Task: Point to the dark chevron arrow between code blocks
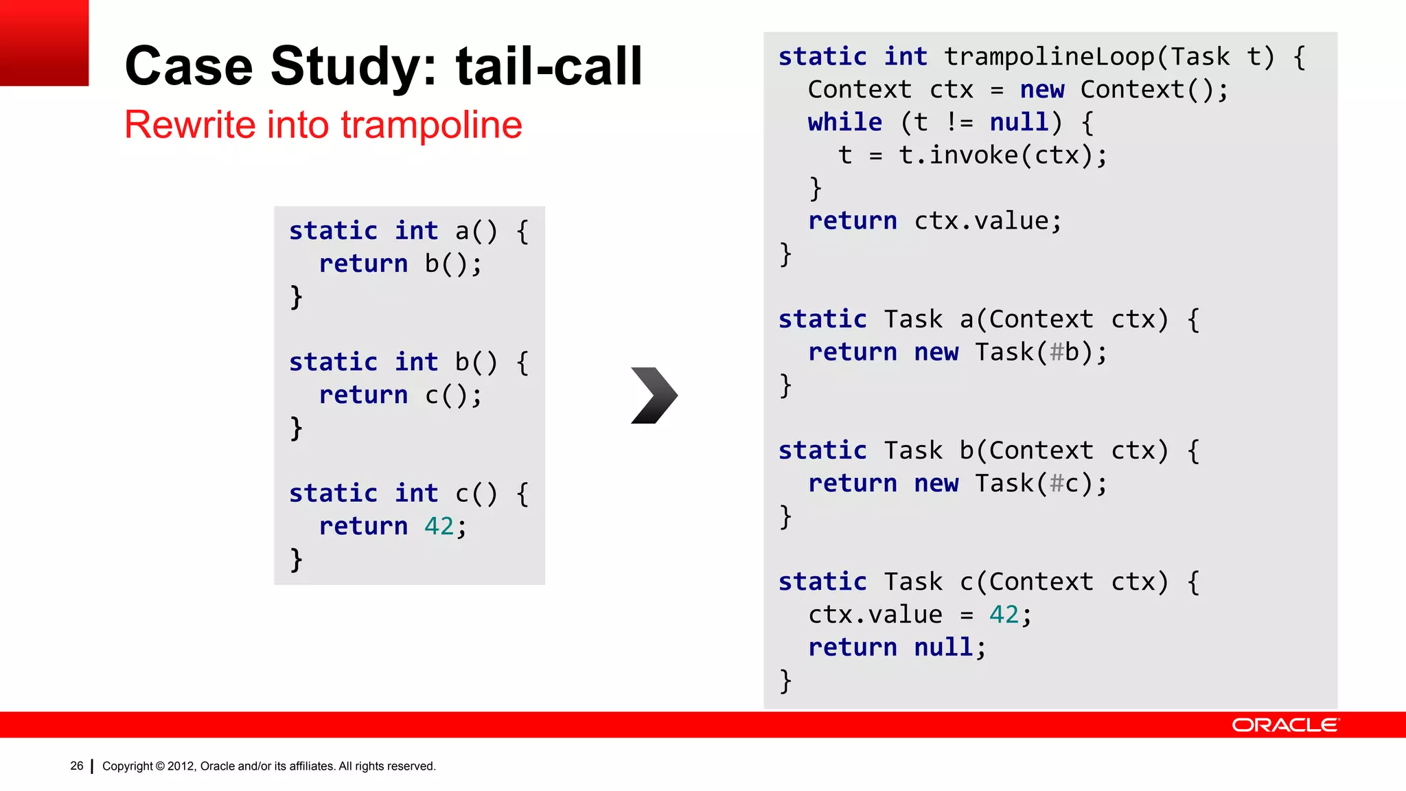(654, 395)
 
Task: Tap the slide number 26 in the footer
(77, 766)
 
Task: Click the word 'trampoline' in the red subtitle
(431, 125)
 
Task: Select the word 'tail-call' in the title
(549, 67)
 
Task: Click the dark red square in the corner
(44, 43)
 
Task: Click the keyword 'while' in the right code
(844, 123)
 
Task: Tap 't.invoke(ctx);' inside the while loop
(1003, 156)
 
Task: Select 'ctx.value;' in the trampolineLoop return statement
(988, 221)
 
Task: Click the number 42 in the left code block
(439, 526)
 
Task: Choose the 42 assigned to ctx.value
(1004, 615)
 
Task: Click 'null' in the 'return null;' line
(943, 647)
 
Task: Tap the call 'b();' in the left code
(453, 264)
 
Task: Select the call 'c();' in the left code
(453, 395)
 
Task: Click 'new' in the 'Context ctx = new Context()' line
(1041, 90)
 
